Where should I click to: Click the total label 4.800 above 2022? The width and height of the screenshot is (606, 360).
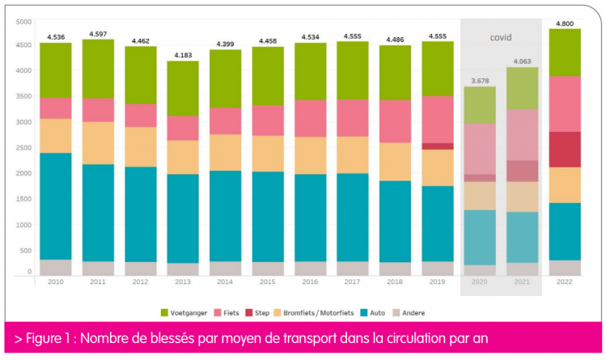tap(565, 23)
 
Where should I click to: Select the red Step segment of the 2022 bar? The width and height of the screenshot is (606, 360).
tap(565, 149)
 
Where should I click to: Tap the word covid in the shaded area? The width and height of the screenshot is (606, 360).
tap(502, 37)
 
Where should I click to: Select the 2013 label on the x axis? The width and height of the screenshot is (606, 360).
tap(183, 282)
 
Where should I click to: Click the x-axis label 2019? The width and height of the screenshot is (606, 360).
tap(438, 282)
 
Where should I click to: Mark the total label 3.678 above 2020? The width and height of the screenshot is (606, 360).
tap(480, 80)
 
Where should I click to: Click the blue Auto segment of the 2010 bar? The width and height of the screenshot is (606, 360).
tap(56, 205)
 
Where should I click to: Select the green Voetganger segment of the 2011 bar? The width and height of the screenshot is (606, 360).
tap(98, 69)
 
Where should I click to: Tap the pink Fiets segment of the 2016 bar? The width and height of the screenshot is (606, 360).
tap(311, 118)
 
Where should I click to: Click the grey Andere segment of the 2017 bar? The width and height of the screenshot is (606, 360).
tap(353, 268)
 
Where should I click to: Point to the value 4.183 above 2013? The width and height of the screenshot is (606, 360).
tap(183, 54)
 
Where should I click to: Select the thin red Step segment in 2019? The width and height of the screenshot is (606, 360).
tap(438, 146)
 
